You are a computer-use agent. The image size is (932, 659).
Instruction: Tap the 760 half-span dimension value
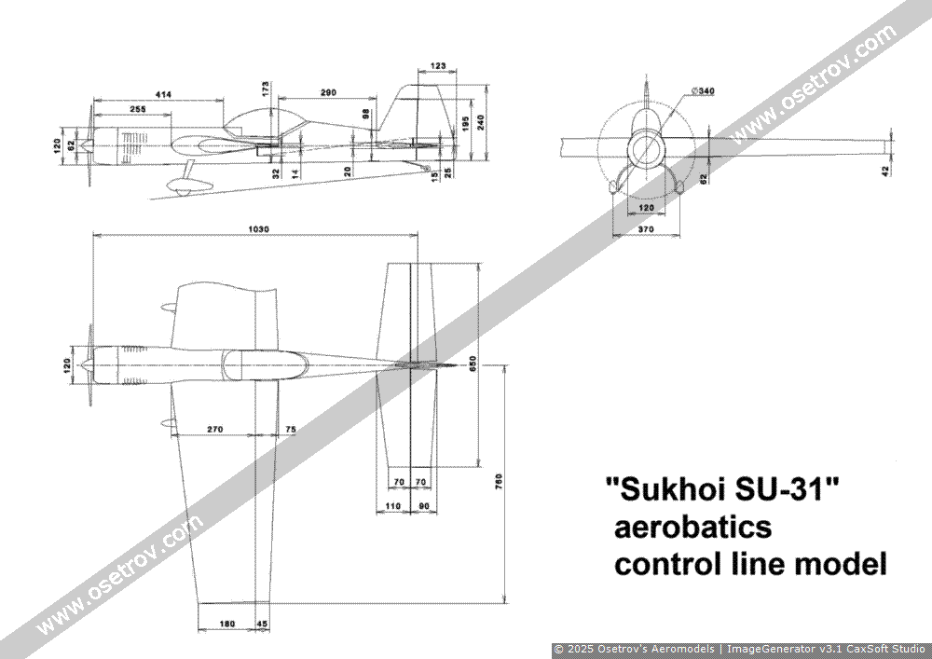coord(500,481)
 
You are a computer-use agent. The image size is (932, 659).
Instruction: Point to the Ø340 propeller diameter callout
coord(704,90)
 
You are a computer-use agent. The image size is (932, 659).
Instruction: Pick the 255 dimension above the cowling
coord(138,110)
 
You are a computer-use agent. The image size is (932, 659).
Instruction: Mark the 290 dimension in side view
coord(326,93)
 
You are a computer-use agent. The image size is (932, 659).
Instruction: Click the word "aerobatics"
coord(691,527)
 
